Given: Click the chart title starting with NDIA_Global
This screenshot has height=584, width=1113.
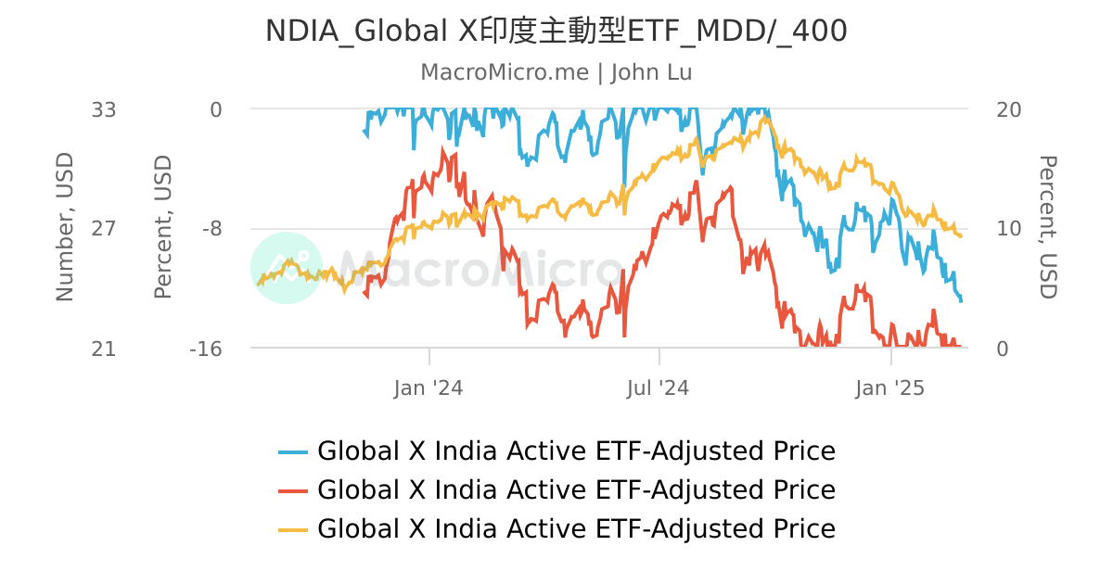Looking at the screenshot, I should [x=556, y=32].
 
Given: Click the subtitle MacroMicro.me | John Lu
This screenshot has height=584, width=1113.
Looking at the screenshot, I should [x=556, y=72].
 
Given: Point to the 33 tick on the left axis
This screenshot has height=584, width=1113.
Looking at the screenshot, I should [x=104, y=109].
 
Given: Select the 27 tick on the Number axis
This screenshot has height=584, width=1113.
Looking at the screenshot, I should [x=104, y=229].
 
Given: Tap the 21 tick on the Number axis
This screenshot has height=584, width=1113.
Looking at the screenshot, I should [x=104, y=349].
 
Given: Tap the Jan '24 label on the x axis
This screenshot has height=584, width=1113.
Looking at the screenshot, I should [x=429, y=387].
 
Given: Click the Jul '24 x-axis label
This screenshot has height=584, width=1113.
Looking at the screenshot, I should [x=659, y=387].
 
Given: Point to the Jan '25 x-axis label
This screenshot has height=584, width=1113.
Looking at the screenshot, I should [x=890, y=387].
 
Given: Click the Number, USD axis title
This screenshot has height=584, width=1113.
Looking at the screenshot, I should [x=65, y=227].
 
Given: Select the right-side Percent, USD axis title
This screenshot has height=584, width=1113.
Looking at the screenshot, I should [x=1047, y=227].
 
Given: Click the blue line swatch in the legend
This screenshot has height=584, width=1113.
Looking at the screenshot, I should [x=293, y=452].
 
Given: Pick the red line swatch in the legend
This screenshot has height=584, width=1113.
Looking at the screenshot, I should [x=293, y=490].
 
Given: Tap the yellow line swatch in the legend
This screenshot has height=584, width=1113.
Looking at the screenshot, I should [x=293, y=529].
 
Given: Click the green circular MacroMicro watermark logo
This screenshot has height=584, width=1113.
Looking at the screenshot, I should [x=287, y=268].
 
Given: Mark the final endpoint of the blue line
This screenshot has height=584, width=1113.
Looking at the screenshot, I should [x=961, y=301].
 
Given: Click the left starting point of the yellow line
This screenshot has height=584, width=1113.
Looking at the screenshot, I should [x=258, y=284].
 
